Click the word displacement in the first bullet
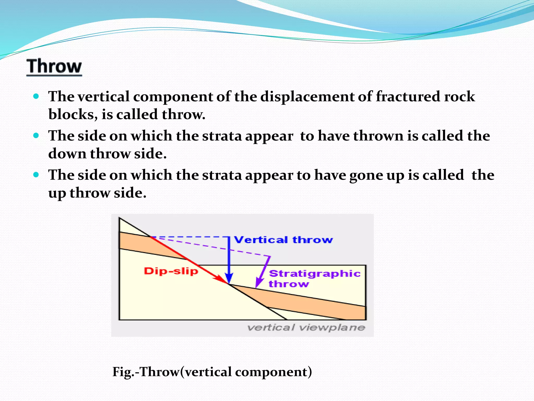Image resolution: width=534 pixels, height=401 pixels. pos(307,97)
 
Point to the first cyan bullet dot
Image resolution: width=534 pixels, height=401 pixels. pos(36,96)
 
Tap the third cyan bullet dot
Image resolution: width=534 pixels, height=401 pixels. pos(36,175)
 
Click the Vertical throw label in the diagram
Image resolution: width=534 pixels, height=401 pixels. pos(283,240)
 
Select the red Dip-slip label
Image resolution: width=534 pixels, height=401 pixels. pos(171,271)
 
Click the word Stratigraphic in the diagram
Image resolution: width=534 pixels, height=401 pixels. pos(315,274)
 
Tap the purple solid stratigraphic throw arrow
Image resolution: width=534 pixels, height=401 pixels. pos(263,272)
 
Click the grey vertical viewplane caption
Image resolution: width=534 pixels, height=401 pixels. pos(306,327)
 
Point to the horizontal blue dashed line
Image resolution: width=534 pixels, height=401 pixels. pos(190,237)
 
